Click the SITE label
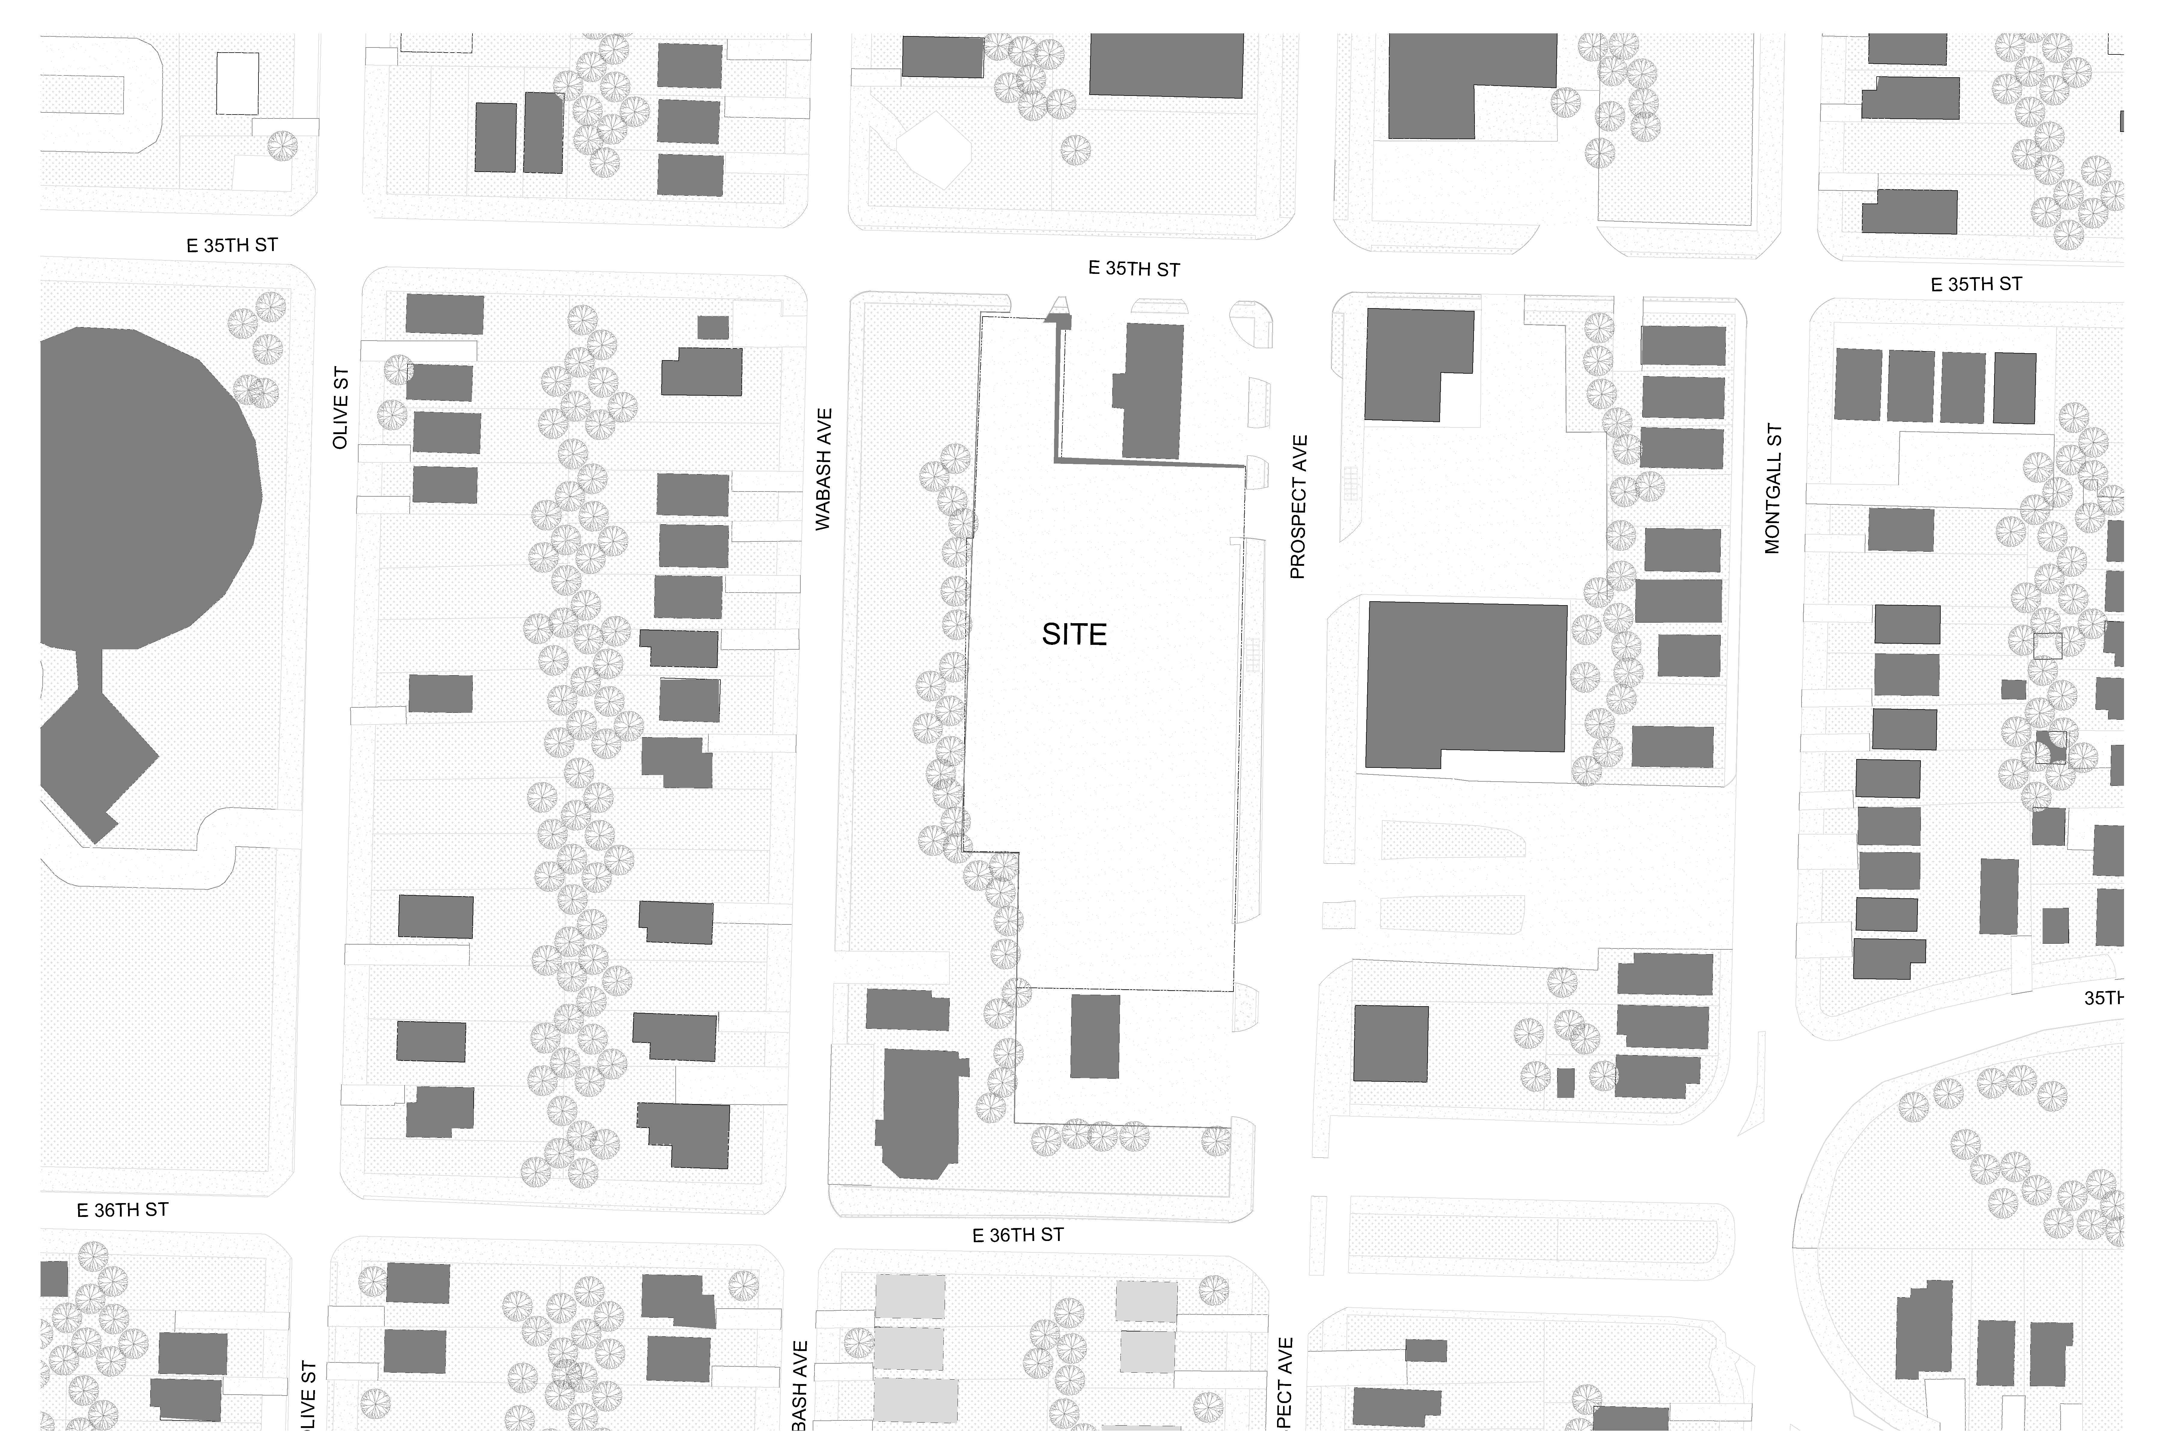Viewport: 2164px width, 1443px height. pyautogui.click(x=1074, y=634)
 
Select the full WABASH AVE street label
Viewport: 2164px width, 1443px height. pyautogui.click(x=824, y=469)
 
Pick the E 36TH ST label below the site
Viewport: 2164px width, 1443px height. pyautogui.click(x=1018, y=1235)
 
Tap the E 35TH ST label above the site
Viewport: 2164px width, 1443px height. pyautogui.click(x=1133, y=269)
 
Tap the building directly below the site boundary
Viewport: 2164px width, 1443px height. pyautogui.click(x=1095, y=1035)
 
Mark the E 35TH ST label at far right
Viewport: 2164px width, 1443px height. pyautogui.click(x=1975, y=284)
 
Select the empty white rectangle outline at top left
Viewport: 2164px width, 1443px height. pyautogui.click(x=237, y=83)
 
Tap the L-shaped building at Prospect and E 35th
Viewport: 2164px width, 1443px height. pyautogui.click(x=1417, y=363)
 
